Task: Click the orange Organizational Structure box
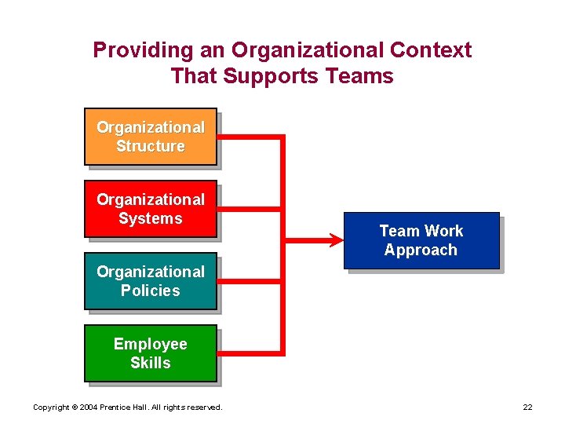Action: coord(150,136)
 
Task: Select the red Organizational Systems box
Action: coord(150,209)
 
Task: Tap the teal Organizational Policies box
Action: coord(150,281)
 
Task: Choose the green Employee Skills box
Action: coord(150,353)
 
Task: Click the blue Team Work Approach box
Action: coord(421,240)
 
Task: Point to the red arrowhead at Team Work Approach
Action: coord(335,235)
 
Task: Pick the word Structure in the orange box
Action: coord(151,146)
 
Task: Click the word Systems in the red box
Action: coord(151,218)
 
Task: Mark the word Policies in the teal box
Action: coord(151,291)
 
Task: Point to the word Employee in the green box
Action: coord(151,344)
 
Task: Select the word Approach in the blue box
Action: coord(421,250)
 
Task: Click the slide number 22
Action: coord(527,407)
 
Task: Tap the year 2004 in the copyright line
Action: coord(87,407)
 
